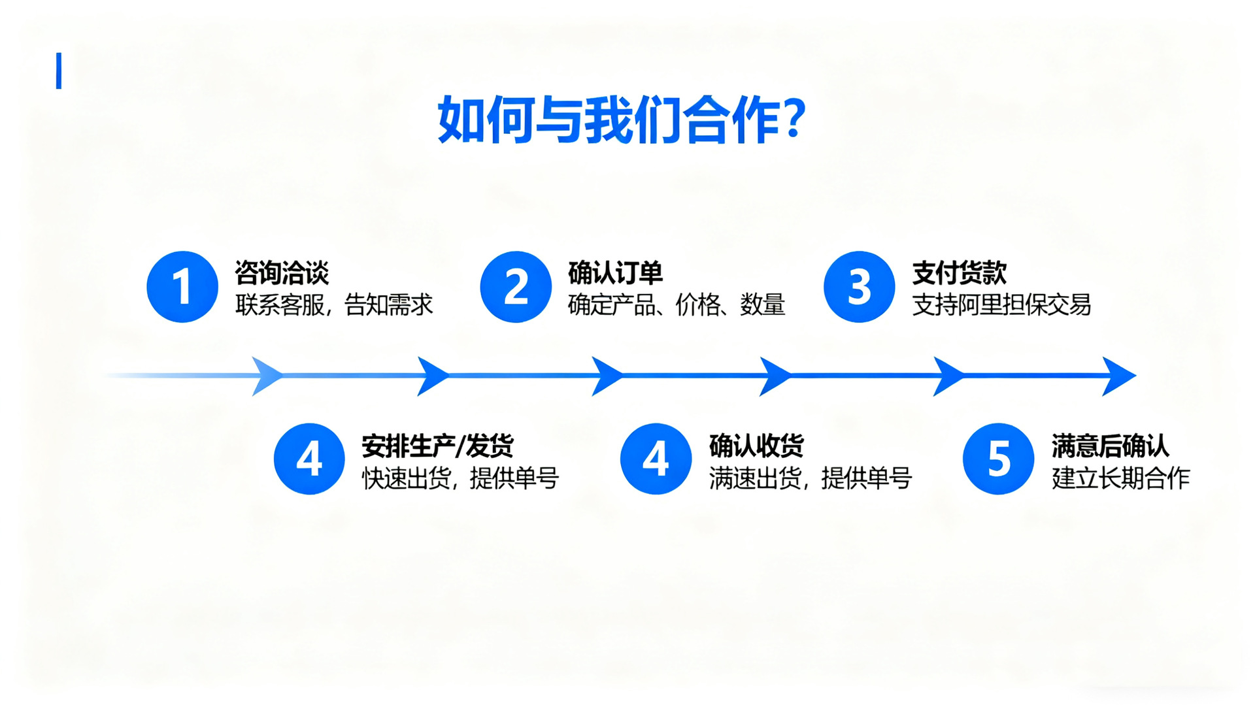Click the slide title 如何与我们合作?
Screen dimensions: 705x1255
coord(621,119)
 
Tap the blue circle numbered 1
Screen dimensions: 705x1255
coord(182,287)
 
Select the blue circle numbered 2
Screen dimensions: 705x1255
coord(516,287)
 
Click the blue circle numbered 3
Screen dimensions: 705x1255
coord(859,287)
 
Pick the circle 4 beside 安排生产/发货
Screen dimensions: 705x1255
coord(309,459)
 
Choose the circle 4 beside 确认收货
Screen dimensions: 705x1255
coord(656,459)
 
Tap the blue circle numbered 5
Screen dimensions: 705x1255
coord(998,459)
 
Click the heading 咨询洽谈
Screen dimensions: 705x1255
coord(282,272)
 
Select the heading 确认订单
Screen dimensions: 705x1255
coord(615,272)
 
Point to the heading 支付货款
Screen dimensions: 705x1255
coord(959,272)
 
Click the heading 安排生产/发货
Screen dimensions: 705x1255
coord(437,446)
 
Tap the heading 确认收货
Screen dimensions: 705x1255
coord(756,446)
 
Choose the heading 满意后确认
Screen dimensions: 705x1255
coord(1110,446)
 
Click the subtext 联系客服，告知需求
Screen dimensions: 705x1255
coord(334,305)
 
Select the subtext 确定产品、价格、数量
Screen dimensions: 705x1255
coord(676,305)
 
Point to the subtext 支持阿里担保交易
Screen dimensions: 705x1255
coord(1001,305)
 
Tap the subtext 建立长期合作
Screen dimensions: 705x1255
coord(1120,478)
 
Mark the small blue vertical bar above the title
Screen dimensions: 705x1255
coord(59,71)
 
